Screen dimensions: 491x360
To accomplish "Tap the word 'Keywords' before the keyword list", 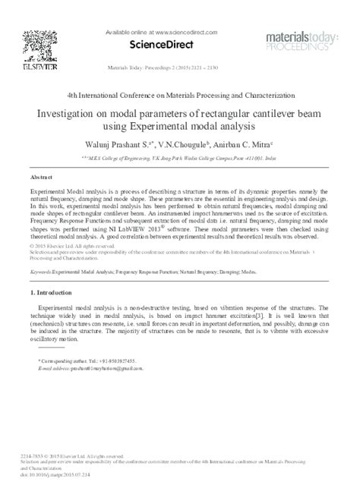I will click(x=43, y=269).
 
